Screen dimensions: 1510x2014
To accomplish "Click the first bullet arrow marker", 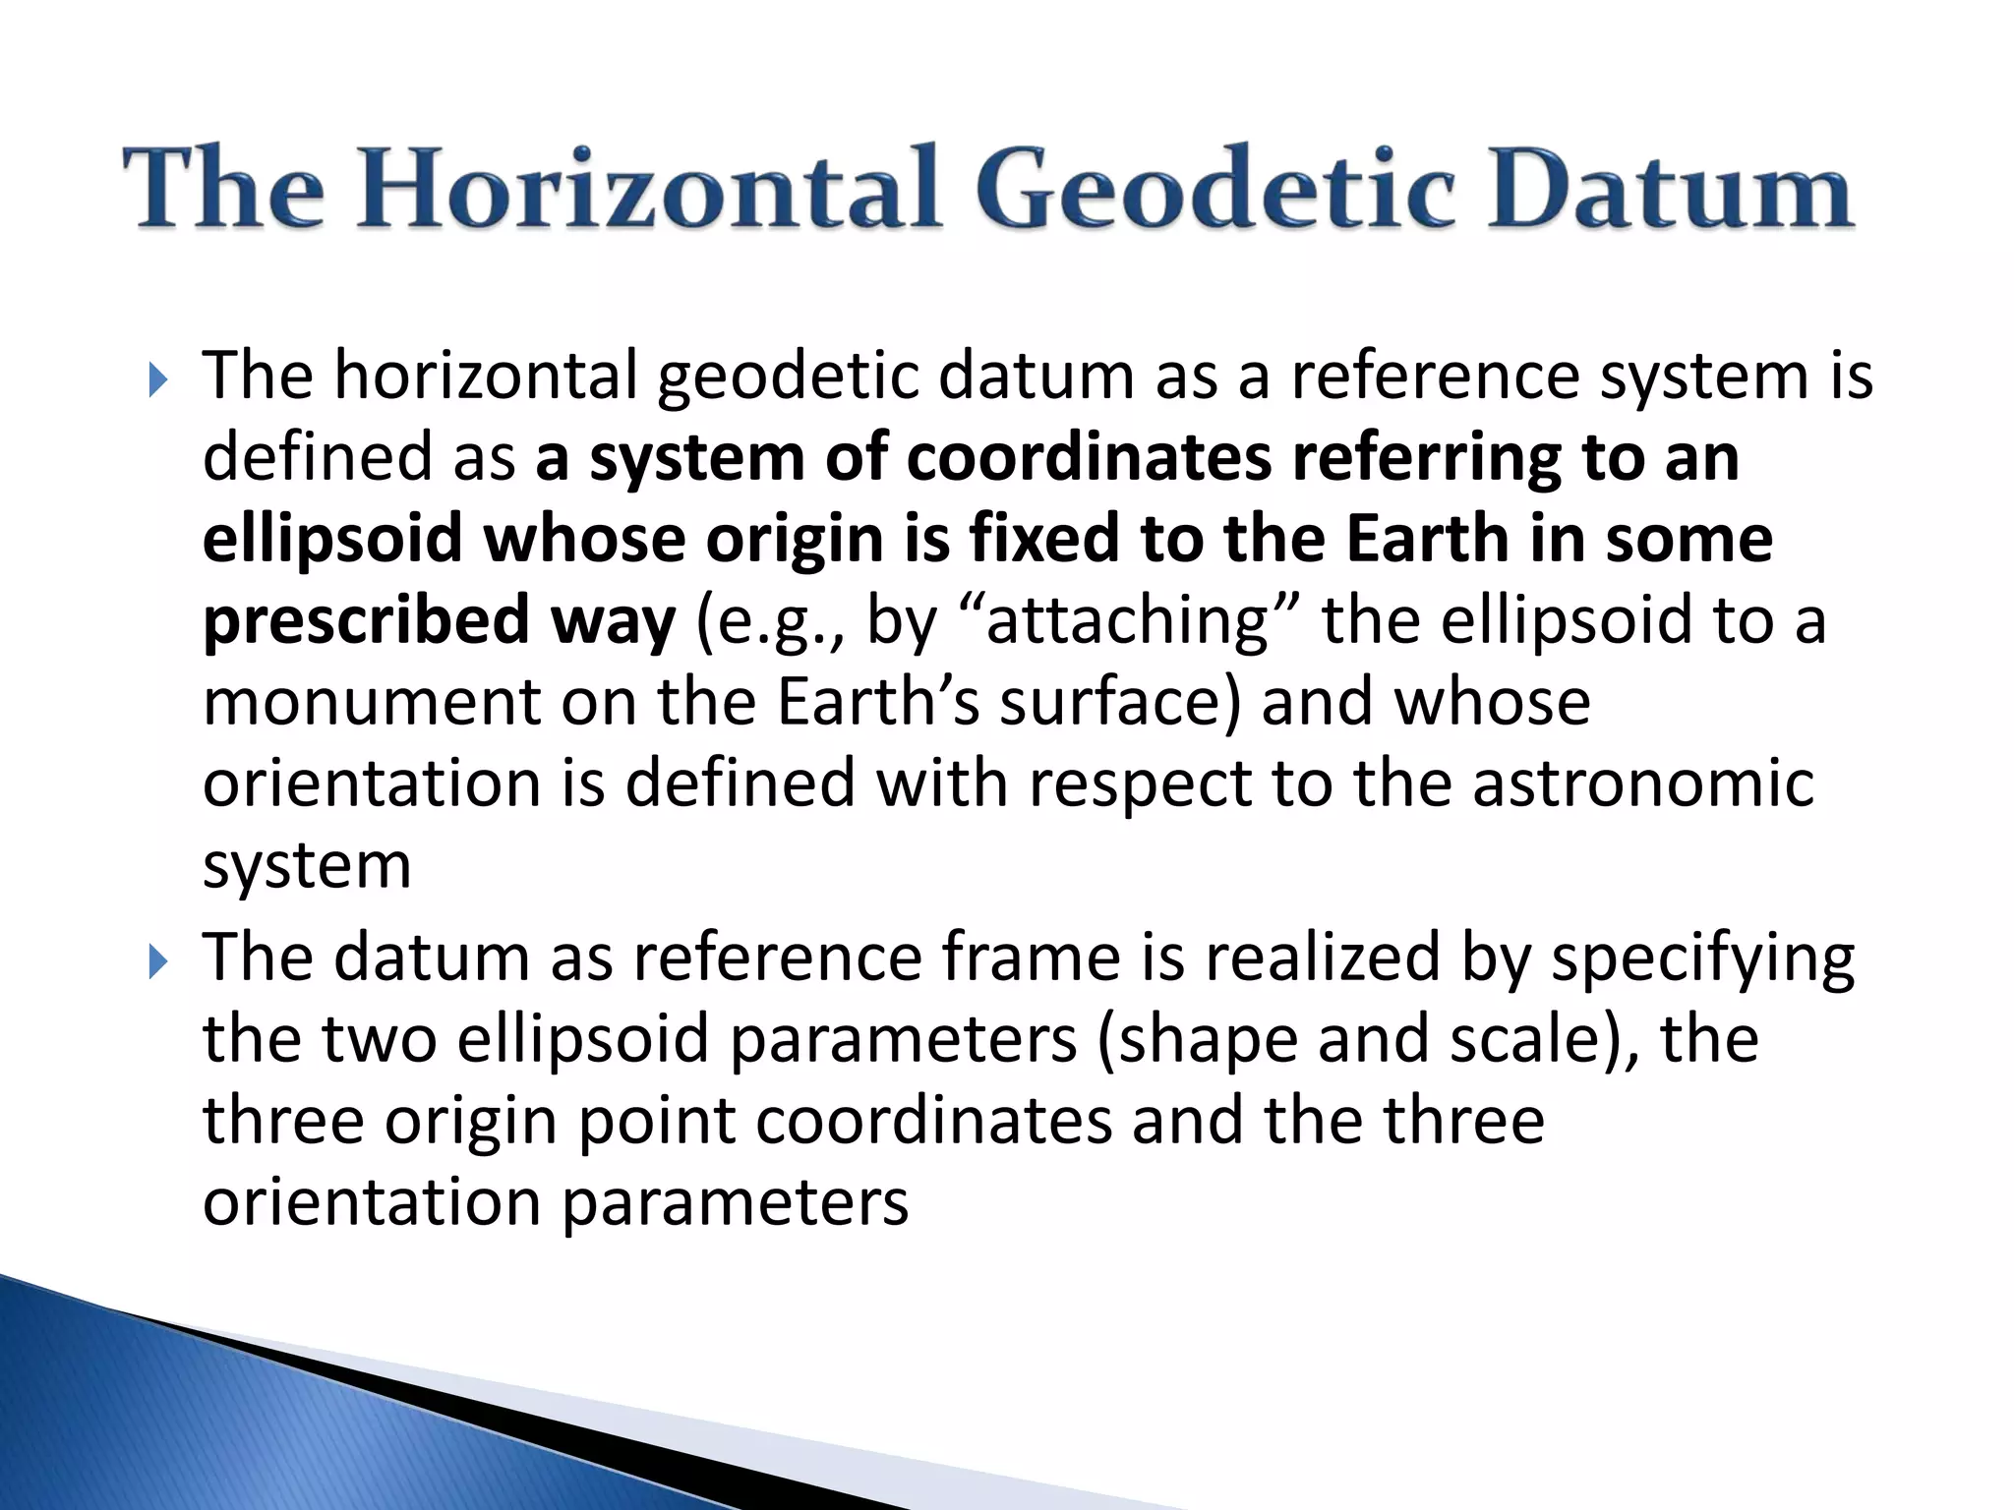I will (158, 379).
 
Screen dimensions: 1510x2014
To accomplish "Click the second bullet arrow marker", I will (158, 960).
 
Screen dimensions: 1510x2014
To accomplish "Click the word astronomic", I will (1642, 784).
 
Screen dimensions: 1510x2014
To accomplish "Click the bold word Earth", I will (1427, 540).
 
